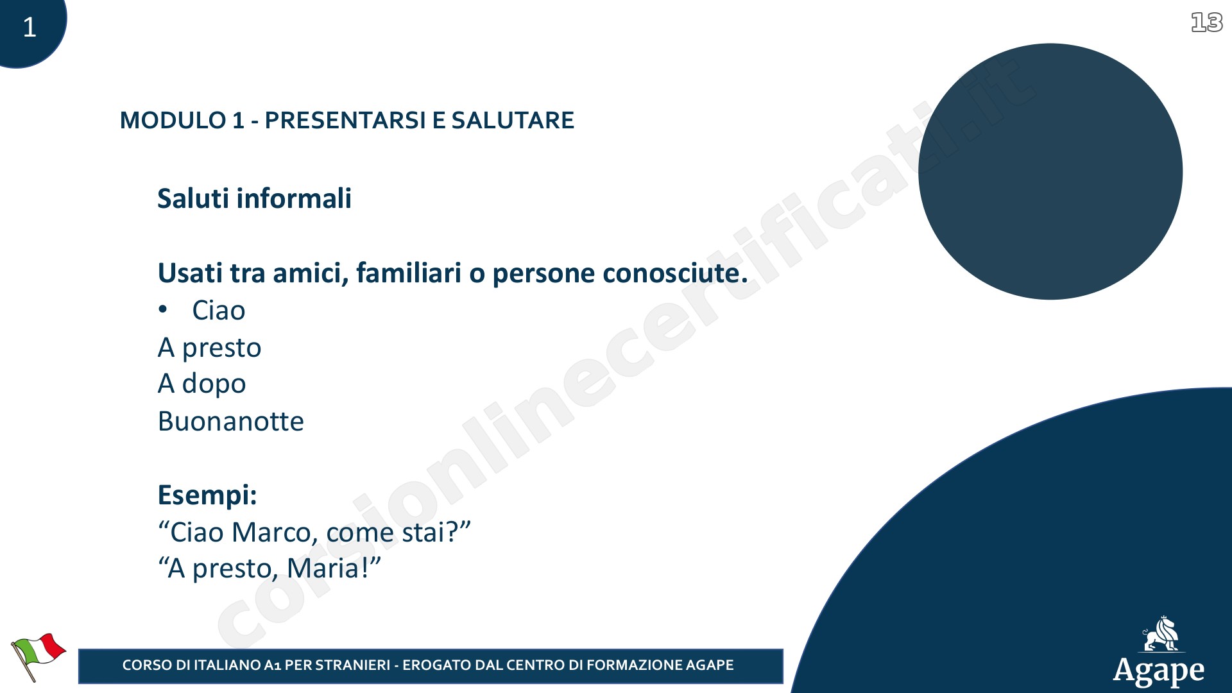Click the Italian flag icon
click(38, 656)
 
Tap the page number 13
click(1206, 23)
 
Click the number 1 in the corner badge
click(30, 27)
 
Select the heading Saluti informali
click(254, 198)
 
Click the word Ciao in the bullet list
click(219, 311)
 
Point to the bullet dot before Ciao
click(163, 310)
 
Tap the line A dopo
click(202, 384)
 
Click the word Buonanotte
click(231, 422)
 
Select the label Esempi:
click(207, 495)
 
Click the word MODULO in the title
click(173, 121)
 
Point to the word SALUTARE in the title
click(513, 121)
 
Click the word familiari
click(409, 273)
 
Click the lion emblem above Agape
click(1161, 634)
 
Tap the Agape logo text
click(1159, 671)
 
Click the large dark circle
click(1050, 171)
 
